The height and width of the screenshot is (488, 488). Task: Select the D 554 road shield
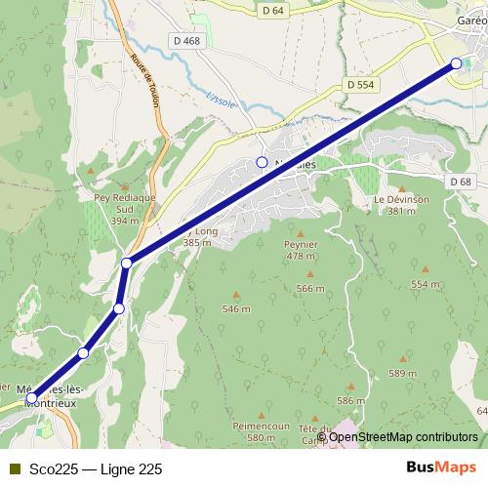point(360,86)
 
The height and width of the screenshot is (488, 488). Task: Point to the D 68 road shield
point(461,182)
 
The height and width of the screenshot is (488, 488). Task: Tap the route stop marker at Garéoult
point(456,63)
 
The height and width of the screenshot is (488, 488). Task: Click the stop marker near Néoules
point(262,161)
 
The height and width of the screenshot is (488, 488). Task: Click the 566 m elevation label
point(309,288)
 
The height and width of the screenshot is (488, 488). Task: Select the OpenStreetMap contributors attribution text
point(402,436)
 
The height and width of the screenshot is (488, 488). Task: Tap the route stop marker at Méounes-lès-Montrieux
point(32,398)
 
